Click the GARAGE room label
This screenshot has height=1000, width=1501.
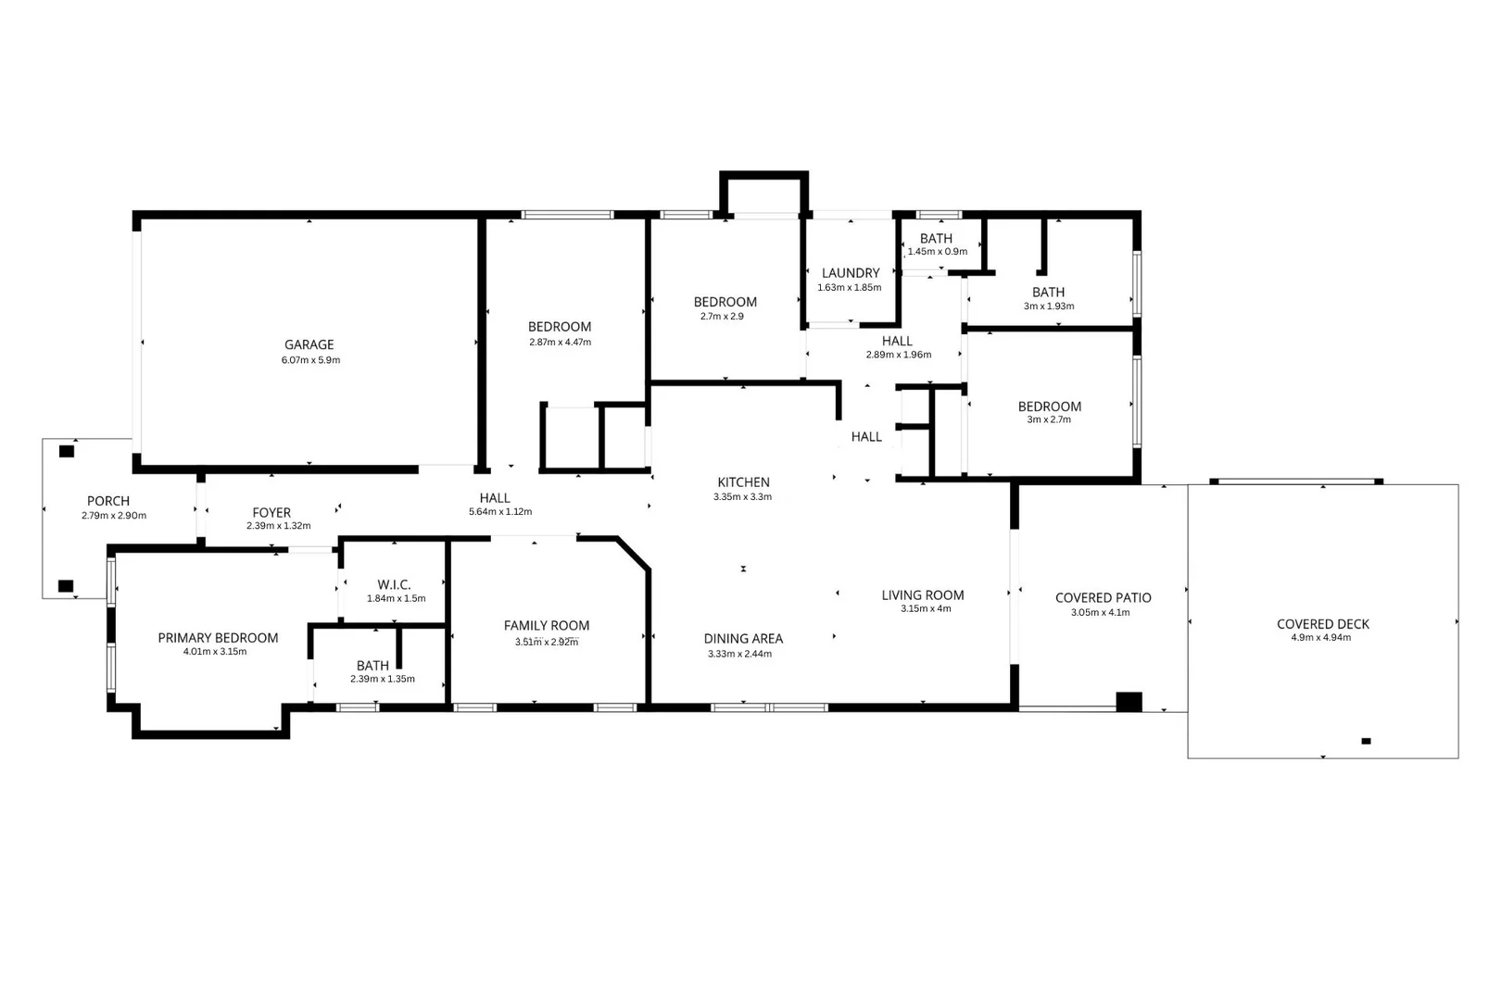pos(309,344)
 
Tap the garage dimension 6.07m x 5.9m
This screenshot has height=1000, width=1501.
pos(310,360)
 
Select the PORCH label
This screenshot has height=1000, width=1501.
pos(108,501)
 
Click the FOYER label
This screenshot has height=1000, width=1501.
pos(271,512)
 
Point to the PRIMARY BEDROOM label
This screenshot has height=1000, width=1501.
pos(218,638)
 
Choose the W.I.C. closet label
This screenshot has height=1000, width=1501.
pos(394,585)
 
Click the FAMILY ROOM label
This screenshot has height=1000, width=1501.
pos(547,626)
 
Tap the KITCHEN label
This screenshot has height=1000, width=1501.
pos(743,482)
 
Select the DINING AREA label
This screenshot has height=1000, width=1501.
pos(743,639)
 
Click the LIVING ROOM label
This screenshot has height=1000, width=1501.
pos(923,595)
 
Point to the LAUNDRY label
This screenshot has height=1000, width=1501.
pos(851,273)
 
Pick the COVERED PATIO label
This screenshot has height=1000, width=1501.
pos(1103,598)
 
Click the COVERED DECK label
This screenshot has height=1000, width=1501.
pos(1322,624)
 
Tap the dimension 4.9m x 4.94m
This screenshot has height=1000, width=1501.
pos(1321,638)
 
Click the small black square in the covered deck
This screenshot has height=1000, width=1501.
pos(1366,741)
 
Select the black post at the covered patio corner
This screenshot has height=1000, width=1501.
pos(1129,702)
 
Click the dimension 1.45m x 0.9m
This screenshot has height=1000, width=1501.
pos(937,252)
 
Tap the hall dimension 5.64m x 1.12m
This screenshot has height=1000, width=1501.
pos(500,512)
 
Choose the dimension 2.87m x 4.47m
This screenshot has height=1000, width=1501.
pos(560,343)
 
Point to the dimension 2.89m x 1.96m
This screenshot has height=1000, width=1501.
pos(898,355)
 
